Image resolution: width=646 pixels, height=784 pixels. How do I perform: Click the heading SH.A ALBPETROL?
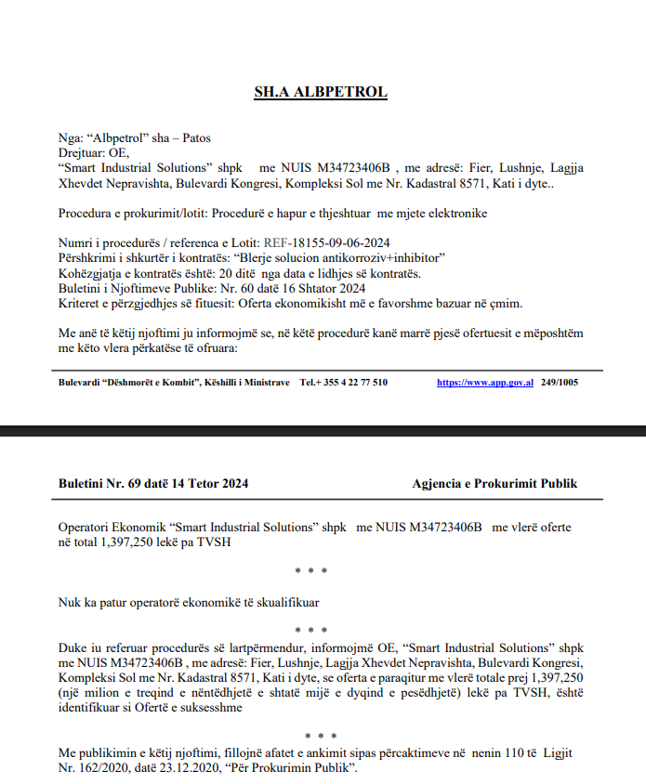coord(321,92)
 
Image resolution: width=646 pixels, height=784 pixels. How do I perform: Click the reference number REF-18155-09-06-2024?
coord(322,242)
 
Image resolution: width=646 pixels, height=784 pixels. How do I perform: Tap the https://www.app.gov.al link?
coord(484,383)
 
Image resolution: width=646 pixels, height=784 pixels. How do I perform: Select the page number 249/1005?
coord(560,383)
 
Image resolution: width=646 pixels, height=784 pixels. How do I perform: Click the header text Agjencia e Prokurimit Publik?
coord(494,483)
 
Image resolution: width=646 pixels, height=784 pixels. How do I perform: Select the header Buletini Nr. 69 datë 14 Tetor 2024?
coord(153,483)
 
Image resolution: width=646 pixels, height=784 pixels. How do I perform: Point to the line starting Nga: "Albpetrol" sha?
coord(134,138)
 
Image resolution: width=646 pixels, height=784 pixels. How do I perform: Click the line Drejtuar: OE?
coord(94,153)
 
